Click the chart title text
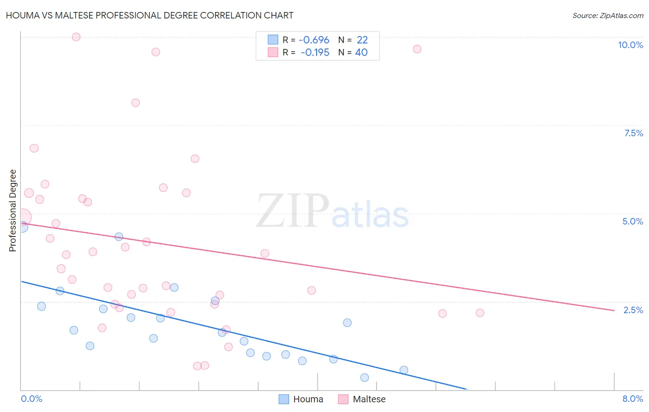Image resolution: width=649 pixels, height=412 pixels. click(x=150, y=15)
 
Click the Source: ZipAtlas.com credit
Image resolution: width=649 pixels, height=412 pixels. click(x=607, y=15)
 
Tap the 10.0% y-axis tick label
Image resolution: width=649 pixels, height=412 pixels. click(x=630, y=45)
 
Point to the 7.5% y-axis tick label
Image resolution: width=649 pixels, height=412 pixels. click(x=633, y=133)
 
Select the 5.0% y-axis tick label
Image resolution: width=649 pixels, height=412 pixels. click(x=632, y=221)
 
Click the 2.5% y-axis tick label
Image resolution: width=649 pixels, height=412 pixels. click(x=633, y=309)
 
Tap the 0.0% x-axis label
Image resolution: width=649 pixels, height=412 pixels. click(x=31, y=399)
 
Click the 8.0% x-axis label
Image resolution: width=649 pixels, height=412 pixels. click(x=632, y=399)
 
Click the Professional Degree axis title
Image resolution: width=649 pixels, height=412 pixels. click(x=12, y=211)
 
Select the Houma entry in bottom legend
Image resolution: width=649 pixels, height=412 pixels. click(x=308, y=399)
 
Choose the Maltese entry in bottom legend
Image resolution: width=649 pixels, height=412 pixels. click(x=369, y=399)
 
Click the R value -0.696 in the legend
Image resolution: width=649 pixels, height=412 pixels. click(x=314, y=40)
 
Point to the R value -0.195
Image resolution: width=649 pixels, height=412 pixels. click(x=315, y=52)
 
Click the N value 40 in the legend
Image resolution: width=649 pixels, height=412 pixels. click(x=361, y=52)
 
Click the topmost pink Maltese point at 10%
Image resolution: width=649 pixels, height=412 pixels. click(x=76, y=37)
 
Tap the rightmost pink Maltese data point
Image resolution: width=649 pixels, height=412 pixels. click(x=480, y=313)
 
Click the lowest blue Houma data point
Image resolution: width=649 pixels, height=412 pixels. click(x=364, y=377)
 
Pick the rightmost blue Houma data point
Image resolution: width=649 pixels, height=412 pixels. click(x=403, y=370)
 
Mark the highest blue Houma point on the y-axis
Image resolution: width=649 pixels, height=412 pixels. click(x=22, y=227)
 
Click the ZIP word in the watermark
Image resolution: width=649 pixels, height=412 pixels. click(x=293, y=211)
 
